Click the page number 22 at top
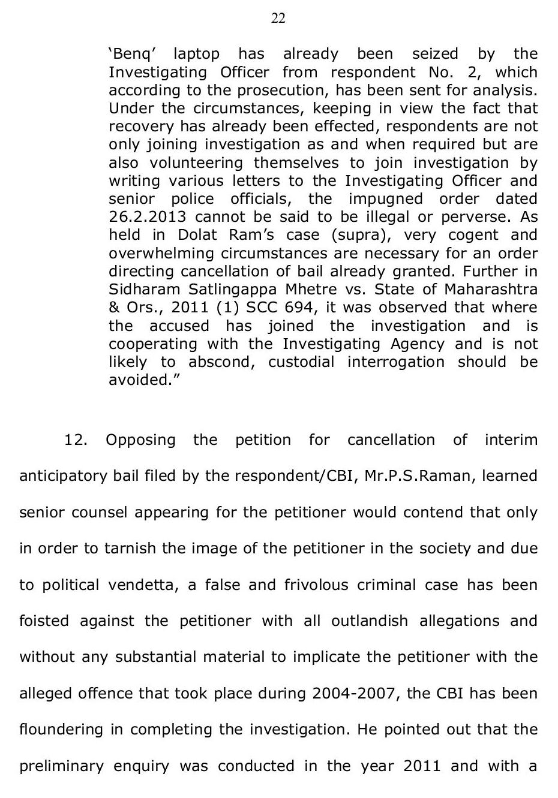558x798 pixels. click(x=278, y=19)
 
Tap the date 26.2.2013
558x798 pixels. click(x=148, y=217)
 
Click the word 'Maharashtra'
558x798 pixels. click(x=491, y=290)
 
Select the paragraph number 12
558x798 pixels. click(x=76, y=440)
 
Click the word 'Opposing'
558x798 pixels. click(x=140, y=440)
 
